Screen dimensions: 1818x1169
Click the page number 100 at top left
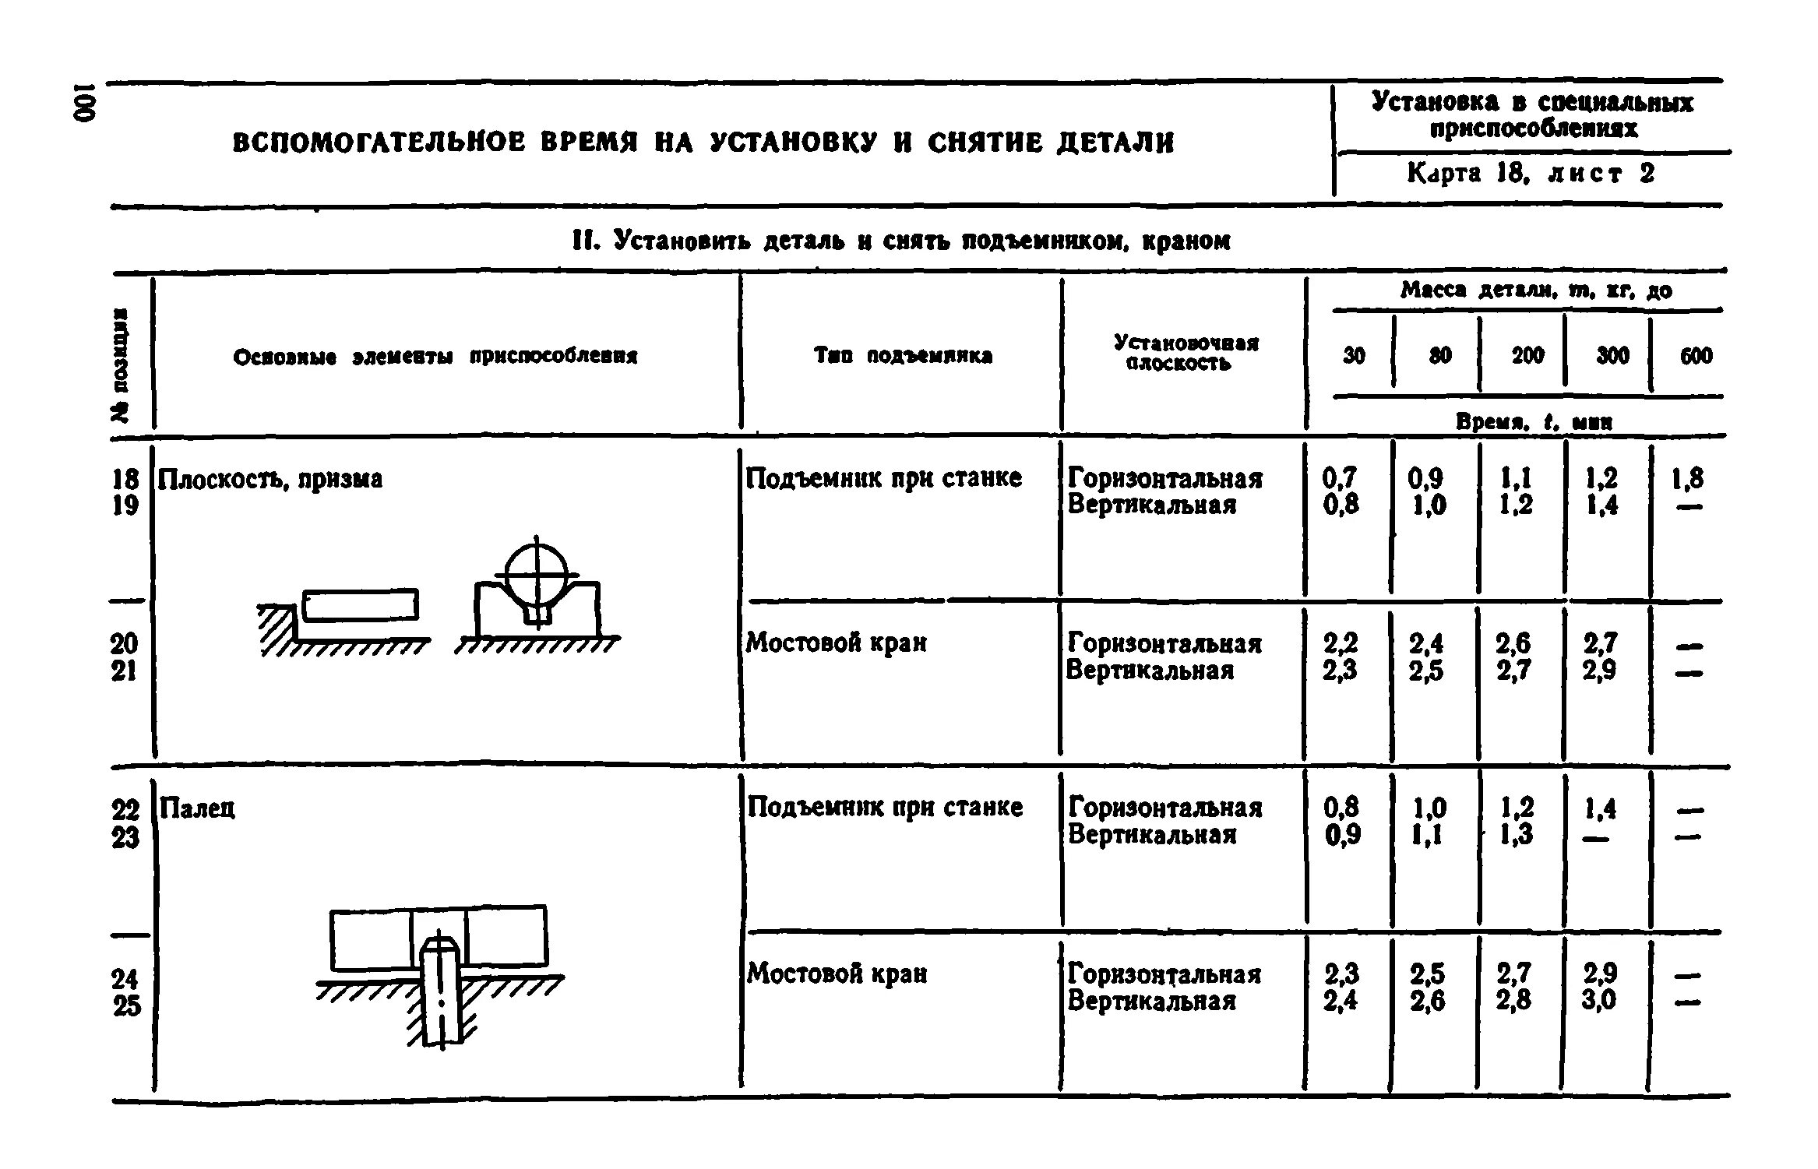click(x=86, y=100)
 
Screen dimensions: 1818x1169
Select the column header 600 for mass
click(x=1696, y=356)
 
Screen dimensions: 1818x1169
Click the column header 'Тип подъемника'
click(x=903, y=356)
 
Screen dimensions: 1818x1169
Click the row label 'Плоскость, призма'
click(x=270, y=479)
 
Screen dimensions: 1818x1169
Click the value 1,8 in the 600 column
click(x=1686, y=477)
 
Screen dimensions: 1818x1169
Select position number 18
click(x=125, y=478)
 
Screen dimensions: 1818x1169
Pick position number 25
click(x=126, y=1005)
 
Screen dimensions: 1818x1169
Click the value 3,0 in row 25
click(x=1600, y=999)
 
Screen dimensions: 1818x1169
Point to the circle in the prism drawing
click(x=537, y=576)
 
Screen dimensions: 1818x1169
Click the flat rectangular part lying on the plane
click(x=360, y=605)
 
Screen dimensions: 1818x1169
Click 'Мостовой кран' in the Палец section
click(x=837, y=974)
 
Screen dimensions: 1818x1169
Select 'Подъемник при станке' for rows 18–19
click(x=883, y=477)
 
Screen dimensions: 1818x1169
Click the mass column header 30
click(x=1354, y=356)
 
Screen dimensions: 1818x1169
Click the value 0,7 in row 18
click(x=1339, y=477)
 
